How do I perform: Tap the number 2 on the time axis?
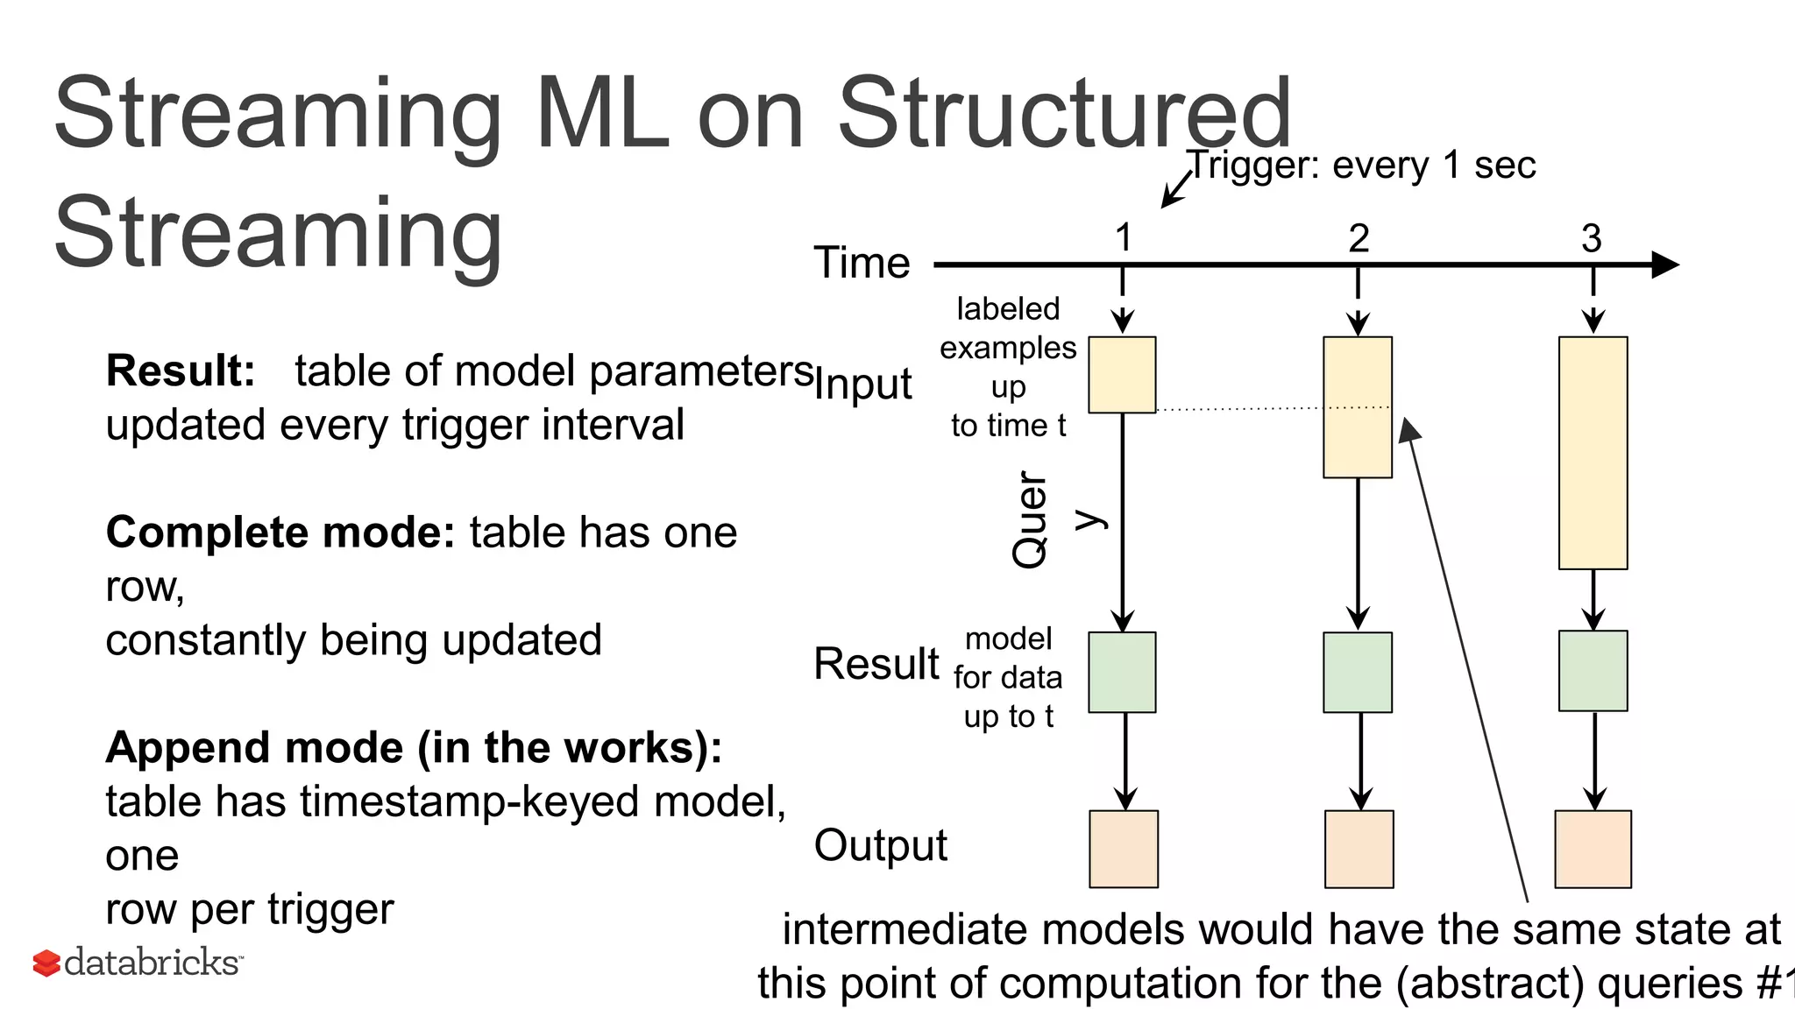click(x=1359, y=238)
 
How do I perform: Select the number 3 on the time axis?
click(x=1592, y=238)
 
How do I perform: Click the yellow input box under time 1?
click(x=1122, y=375)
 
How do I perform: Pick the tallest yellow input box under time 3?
click(x=1593, y=453)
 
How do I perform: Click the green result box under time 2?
click(x=1358, y=673)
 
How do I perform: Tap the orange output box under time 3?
click(x=1593, y=849)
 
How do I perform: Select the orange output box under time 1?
click(x=1124, y=849)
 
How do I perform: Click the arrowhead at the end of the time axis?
click(x=1664, y=265)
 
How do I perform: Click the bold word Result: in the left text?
click(x=181, y=370)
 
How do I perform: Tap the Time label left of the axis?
click(x=862, y=263)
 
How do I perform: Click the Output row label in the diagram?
click(x=880, y=845)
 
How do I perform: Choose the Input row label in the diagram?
click(x=863, y=384)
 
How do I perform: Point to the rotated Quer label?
click(x=1030, y=520)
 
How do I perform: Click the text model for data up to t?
click(x=1008, y=677)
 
